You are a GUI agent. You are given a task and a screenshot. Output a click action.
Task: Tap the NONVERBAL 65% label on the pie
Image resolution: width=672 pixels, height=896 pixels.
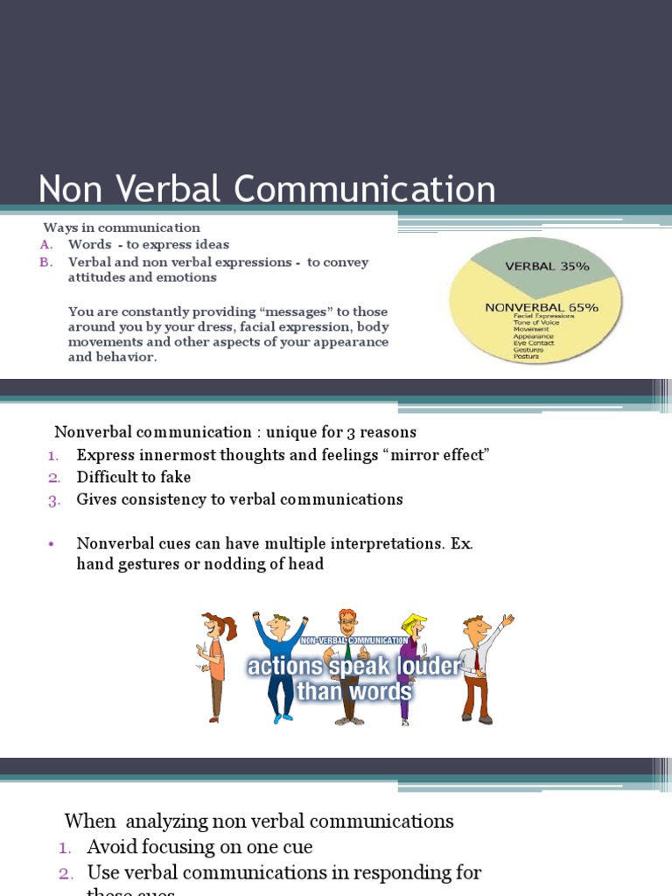pos(542,307)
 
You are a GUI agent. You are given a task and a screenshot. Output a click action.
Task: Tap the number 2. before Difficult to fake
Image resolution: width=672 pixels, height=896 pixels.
pos(53,478)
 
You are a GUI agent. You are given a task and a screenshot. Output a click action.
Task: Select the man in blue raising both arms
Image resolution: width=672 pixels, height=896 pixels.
pos(279,665)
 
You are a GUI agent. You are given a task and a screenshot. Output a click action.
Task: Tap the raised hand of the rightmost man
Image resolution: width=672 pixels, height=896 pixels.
pos(507,620)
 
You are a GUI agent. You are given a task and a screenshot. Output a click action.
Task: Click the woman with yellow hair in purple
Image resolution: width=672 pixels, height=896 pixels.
pos(409,665)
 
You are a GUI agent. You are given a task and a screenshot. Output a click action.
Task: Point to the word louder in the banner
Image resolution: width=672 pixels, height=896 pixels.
pos(425,667)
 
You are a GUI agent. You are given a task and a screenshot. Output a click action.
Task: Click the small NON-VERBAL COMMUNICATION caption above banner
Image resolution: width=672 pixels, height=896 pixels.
pos(353,640)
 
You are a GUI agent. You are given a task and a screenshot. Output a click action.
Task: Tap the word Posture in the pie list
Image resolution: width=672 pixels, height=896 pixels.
pos(528,356)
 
